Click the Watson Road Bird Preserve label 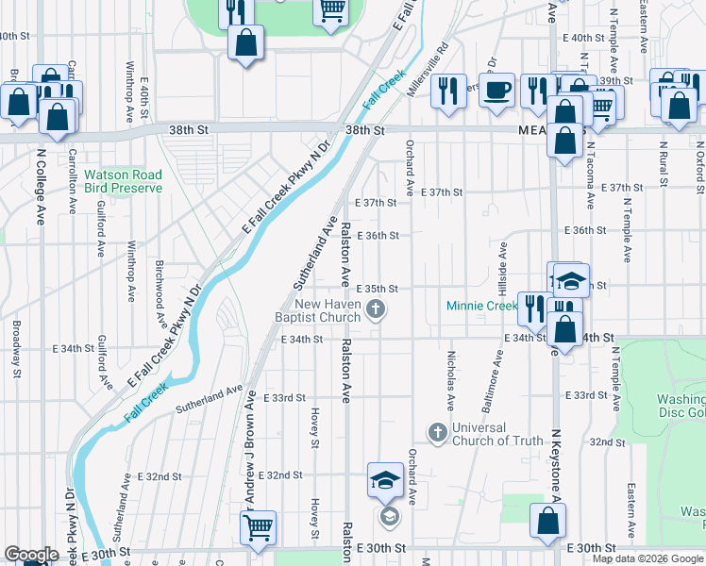(123, 181)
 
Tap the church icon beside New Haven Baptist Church (376, 309)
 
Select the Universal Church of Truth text (497, 434)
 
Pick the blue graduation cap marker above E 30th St (385, 480)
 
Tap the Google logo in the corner (31, 555)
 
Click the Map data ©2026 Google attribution (647, 558)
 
